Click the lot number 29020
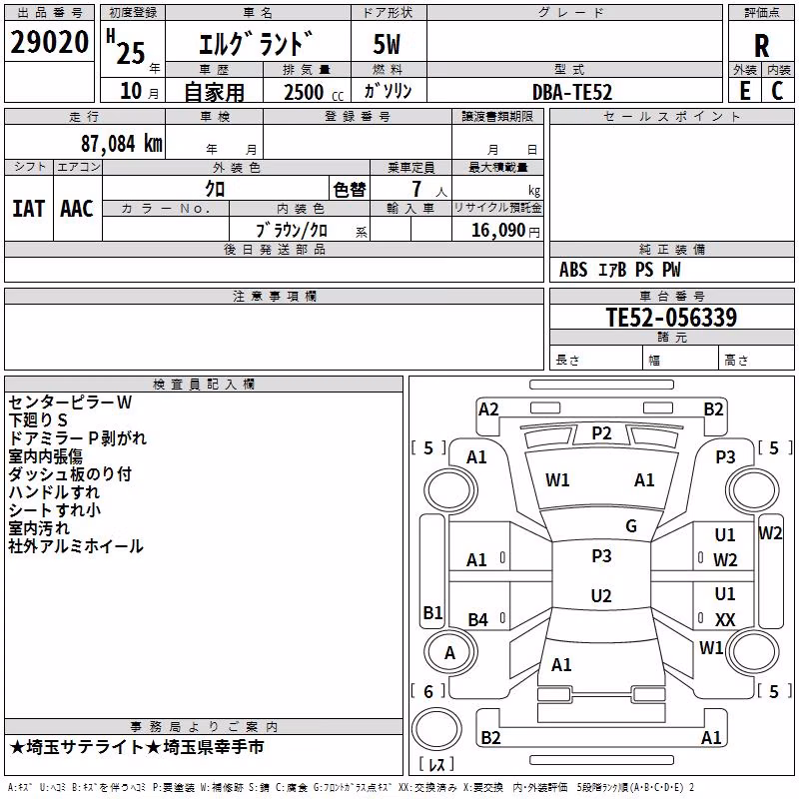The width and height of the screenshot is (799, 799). coord(49,42)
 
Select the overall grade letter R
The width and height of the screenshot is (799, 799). coord(761,46)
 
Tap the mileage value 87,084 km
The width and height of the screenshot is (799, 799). coord(122,144)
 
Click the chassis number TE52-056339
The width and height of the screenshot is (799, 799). coord(671,318)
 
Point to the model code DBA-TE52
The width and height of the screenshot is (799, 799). coord(571,92)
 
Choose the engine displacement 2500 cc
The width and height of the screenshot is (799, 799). coord(314,92)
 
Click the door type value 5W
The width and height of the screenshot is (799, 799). coord(387,44)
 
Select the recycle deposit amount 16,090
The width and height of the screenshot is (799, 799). coord(497,231)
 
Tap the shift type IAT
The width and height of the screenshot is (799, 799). coord(28,209)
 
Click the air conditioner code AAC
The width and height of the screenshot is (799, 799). coord(77,209)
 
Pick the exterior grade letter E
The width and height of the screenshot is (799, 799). coord(745,91)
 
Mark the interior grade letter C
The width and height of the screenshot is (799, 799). coord(777,91)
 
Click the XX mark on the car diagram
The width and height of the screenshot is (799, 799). coord(725,619)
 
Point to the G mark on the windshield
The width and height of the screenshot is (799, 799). coord(631,525)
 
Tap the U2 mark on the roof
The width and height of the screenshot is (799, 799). coord(601,595)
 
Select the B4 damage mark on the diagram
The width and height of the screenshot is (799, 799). coord(477,619)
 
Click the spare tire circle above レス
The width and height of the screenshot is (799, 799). coord(436,728)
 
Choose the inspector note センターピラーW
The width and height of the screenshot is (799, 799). coord(70,402)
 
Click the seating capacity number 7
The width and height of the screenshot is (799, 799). coord(416,189)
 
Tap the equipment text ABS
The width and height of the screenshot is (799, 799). coord(573,270)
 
